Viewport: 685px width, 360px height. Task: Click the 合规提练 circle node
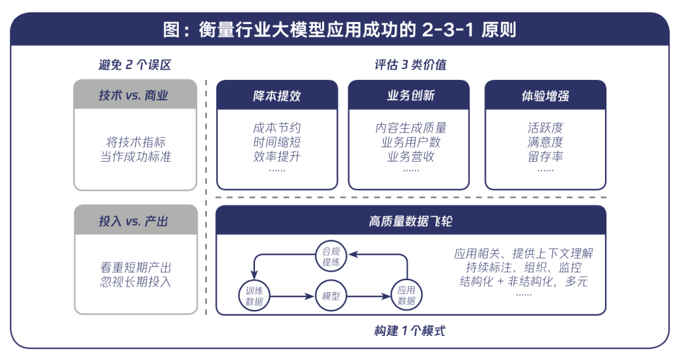pos(330,257)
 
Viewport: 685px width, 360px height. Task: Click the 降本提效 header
pos(277,96)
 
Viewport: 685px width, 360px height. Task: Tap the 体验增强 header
pos(545,96)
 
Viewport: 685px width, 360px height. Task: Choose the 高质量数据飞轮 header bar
pos(410,221)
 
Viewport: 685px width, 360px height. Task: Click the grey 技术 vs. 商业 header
pos(135,96)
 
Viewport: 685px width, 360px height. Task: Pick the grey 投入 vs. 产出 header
pos(135,221)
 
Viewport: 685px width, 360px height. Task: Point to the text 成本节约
pos(277,128)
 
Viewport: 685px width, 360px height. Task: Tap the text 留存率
pos(545,156)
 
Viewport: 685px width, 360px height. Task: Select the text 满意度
pos(545,142)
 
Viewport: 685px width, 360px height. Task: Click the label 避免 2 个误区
pos(134,65)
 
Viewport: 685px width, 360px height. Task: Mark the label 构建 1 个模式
pos(410,331)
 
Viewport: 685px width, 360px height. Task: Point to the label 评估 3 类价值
pos(410,65)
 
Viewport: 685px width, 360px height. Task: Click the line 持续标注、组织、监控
pos(523,267)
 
